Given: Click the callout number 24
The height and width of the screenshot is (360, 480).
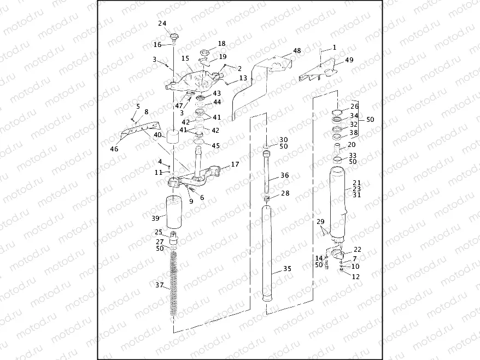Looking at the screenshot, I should tap(162, 23).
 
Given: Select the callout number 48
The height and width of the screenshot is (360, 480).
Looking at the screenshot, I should tap(297, 50).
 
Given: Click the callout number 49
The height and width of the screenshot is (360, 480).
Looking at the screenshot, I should tap(349, 60).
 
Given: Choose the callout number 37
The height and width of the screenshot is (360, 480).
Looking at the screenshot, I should tap(160, 285).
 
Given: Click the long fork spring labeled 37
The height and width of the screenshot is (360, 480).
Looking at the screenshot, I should tap(175, 281).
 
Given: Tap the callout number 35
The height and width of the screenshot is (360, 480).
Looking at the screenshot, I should tap(288, 269).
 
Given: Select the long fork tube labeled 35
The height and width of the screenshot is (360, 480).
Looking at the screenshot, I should tap(267, 251).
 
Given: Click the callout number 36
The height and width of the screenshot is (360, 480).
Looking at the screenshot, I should tap(285, 175).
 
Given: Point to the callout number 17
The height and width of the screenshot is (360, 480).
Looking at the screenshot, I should tap(235, 164).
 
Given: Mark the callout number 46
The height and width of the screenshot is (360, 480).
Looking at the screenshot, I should tap(114, 149).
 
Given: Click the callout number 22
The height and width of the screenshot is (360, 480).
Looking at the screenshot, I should tap(358, 250).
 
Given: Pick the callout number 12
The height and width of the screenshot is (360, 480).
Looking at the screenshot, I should tap(356, 276).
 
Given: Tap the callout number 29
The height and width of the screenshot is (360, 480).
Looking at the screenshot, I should tap(320, 221).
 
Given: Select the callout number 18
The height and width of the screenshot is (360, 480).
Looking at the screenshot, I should tap(221, 43).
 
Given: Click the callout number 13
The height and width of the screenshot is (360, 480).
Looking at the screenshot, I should tap(243, 79).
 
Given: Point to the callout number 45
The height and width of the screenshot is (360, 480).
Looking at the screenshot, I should tap(216, 145).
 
